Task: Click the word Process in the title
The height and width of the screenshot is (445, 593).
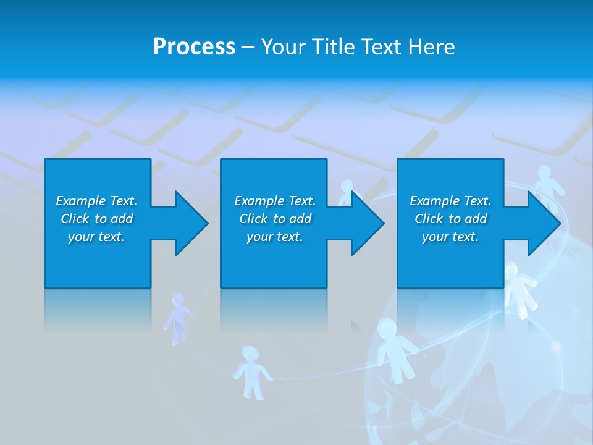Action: tap(194, 47)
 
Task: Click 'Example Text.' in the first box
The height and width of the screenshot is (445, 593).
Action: tap(96, 201)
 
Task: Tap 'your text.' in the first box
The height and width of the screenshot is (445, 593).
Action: tap(96, 237)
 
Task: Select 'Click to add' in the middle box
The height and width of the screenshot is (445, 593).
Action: tap(275, 219)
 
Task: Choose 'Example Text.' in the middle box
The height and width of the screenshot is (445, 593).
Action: tap(275, 201)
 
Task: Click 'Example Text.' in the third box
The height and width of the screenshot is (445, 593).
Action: tap(450, 201)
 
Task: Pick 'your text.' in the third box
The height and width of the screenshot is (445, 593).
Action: tap(450, 237)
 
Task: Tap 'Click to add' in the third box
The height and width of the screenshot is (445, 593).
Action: tap(450, 219)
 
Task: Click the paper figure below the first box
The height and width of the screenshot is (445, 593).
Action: tap(178, 317)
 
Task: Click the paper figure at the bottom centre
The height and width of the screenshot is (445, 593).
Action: tap(251, 371)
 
